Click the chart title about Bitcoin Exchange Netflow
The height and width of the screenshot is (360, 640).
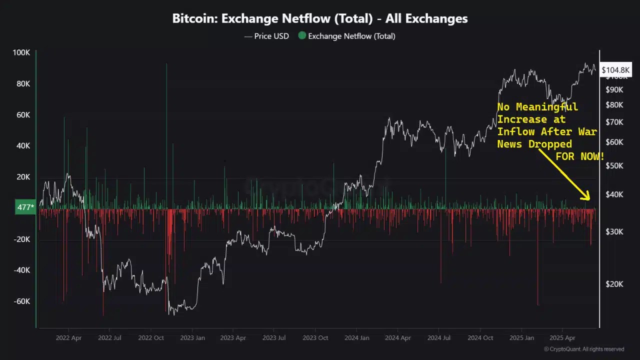tap(320, 19)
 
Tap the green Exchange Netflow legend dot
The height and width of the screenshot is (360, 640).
tap(302, 35)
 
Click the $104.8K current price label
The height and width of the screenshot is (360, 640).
tap(615, 70)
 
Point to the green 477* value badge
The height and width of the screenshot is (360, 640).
tap(25, 207)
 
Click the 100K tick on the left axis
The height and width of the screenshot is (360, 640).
tap(21, 53)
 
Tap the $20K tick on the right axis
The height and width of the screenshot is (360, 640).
tap(614, 284)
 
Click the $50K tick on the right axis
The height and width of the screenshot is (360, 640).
tap(614, 165)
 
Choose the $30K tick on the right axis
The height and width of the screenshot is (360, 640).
tap(614, 231)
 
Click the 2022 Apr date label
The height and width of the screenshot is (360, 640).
tap(68, 338)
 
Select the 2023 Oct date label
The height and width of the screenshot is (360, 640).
tap(315, 338)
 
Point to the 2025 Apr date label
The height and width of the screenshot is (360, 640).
tap(562, 338)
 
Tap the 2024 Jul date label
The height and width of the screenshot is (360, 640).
tap(439, 338)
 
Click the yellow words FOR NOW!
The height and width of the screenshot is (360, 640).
tap(580, 157)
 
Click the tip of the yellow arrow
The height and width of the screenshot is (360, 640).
tap(589, 199)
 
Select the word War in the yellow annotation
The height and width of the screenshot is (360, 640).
tap(587, 132)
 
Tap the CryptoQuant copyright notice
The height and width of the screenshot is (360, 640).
tap(584, 349)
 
